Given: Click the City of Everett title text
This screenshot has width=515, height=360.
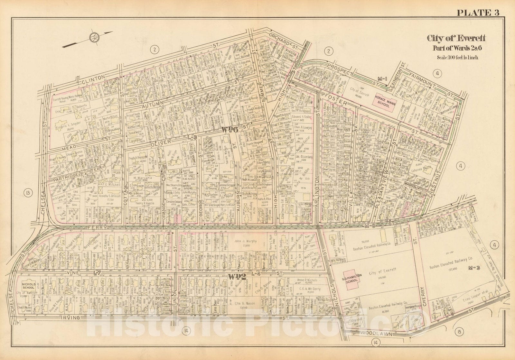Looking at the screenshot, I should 456,38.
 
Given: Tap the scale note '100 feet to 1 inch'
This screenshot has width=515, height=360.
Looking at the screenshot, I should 457,58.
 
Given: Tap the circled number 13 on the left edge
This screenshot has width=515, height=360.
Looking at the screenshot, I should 28,193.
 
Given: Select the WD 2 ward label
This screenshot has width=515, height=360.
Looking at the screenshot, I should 236,276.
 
